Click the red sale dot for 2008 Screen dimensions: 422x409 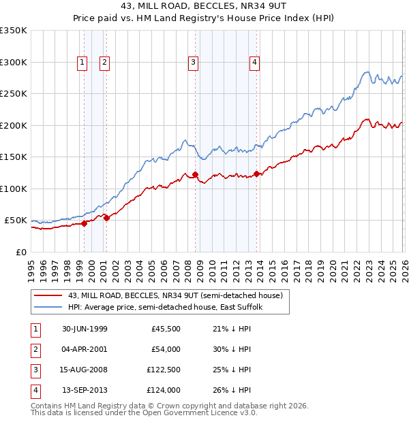[195, 175]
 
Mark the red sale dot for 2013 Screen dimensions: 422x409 [256, 174]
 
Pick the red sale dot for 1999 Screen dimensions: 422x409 [85, 223]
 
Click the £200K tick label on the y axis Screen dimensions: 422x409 [14, 125]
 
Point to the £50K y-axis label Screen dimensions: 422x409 [16, 221]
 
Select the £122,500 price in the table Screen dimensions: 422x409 [162, 371]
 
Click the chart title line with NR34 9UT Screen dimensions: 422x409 [204, 8]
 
